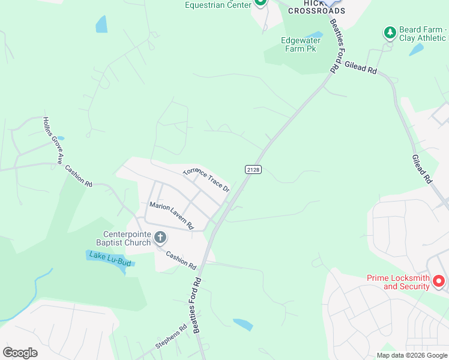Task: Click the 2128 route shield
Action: point(253,170)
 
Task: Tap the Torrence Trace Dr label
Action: point(206,179)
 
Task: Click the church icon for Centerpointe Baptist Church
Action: point(160,238)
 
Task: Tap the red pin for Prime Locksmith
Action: point(439,280)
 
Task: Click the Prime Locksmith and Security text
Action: point(398,282)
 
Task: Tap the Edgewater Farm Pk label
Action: point(298,45)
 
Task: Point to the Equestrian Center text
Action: point(217,5)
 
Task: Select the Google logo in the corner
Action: point(20,352)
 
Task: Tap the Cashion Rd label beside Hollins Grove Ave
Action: point(79,176)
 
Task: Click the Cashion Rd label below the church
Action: point(181,260)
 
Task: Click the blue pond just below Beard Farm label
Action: point(416,50)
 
